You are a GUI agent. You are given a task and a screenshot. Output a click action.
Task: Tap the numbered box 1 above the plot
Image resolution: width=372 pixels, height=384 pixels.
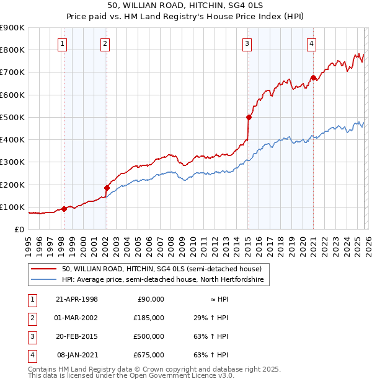pos(64,43)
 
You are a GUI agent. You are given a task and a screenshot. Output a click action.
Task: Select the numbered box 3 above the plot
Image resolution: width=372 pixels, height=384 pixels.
pos(247,43)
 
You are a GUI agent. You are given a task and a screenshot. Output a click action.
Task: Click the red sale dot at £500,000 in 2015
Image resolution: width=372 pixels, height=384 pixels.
pos(249,117)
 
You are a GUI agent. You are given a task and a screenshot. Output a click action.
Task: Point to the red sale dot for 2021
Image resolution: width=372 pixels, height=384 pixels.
pos(313,78)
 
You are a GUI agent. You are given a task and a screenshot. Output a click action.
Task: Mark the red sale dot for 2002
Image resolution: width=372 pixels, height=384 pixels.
pos(107,188)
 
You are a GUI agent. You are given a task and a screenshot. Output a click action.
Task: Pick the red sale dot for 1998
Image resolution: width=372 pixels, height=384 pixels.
pos(64,209)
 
